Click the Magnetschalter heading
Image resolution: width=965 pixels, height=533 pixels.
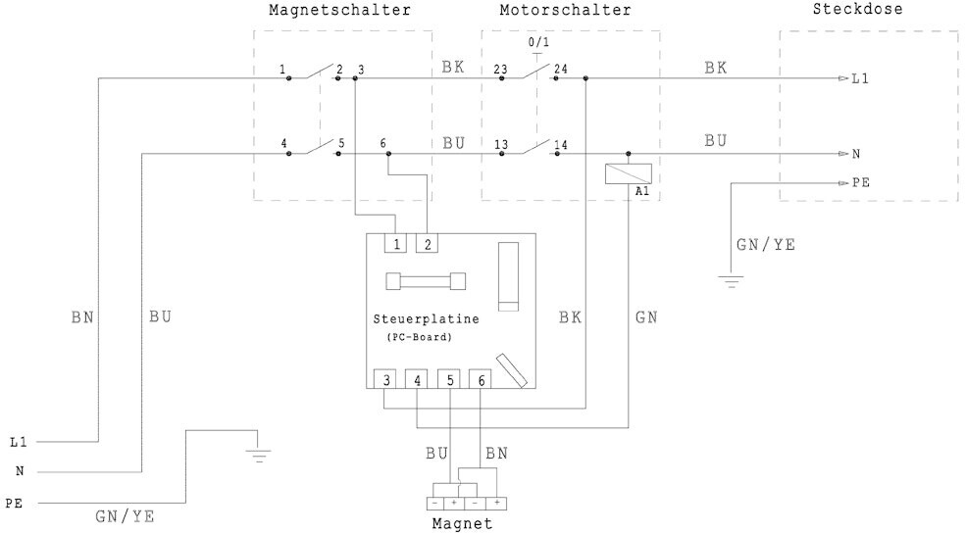338,10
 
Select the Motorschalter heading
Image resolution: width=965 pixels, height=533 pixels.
565,10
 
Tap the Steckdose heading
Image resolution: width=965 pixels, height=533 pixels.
858,10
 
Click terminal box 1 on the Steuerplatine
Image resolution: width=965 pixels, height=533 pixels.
396,244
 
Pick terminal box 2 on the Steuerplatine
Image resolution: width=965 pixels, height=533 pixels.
428,244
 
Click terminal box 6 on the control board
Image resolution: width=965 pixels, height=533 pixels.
480,379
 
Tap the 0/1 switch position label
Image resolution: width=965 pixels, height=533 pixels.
539,43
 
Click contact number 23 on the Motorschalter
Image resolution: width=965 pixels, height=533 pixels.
500,70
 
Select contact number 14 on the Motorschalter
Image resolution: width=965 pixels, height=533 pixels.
561,145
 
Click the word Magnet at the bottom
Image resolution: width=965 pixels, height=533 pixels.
462,524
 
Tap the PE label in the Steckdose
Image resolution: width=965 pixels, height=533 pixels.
859,183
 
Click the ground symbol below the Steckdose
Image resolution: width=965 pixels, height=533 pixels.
729,282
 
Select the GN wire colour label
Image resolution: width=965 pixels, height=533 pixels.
646,317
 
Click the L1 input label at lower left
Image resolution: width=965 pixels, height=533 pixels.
18,442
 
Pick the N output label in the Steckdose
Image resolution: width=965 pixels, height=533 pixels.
856,154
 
